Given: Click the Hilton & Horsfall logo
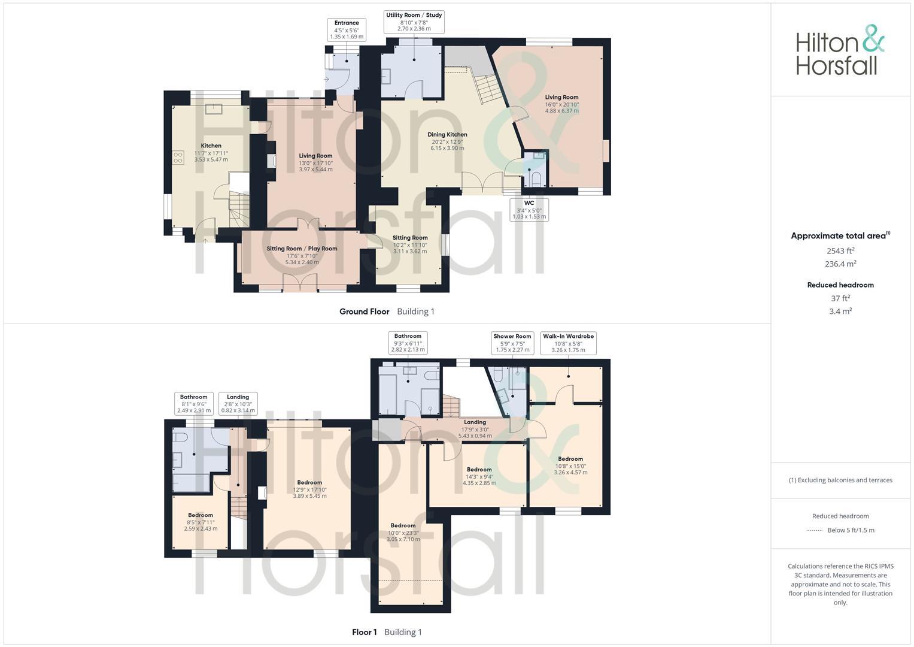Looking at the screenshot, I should [840, 50].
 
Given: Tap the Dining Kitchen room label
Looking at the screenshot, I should [447, 141].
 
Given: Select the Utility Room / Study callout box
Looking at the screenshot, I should [414, 22].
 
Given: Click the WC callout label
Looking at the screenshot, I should [529, 210].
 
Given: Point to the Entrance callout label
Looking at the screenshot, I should [347, 29].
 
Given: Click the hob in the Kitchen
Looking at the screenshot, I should [178, 158].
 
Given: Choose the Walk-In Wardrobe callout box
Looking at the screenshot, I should [568, 343].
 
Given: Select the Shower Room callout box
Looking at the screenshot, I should [512, 343].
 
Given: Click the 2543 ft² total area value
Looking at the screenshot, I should [840, 251].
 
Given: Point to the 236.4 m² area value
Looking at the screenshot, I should [840, 264].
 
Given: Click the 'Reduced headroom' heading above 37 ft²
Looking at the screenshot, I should [840, 285].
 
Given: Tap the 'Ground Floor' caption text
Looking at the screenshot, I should [364, 312].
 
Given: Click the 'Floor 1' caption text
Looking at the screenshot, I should [364, 632].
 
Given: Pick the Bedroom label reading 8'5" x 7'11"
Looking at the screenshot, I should [201, 522].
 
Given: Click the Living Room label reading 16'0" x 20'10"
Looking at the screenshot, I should [561, 104].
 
